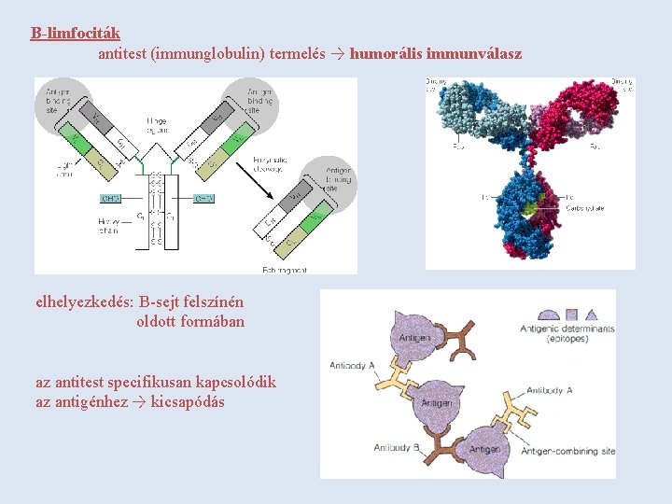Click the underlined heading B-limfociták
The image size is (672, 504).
[x=75, y=34]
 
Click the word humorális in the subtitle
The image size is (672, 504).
[x=385, y=54]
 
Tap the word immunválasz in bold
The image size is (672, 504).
[x=474, y=54]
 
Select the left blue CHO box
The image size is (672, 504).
[x=112, y=199]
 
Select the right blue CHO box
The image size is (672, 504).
[x=204, y=199]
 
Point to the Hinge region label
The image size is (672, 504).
[x=157, y=125]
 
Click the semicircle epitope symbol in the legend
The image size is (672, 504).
[x=549, y=315]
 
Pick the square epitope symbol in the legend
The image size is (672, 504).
[x=572, y=315]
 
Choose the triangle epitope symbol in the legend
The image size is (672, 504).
[x=595, y=315]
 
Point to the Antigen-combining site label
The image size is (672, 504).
[x=567, y=451]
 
